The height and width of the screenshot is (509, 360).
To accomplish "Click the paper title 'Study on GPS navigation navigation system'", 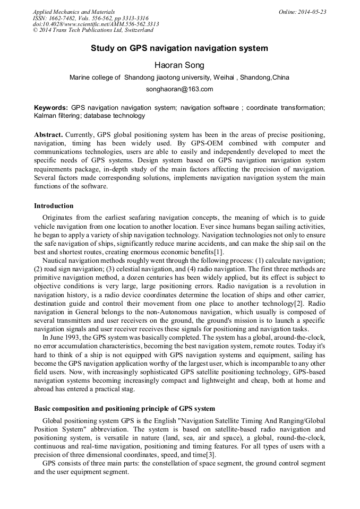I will pyautogui.click(x=179, y=48).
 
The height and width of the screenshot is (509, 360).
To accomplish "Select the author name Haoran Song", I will pyautogui.click(x=179, y=65).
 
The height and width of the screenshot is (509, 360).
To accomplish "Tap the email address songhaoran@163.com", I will pyautogui.click(x=179, y=89).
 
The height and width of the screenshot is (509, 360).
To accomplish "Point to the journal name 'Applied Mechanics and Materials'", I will pyautogui.click(x=74, y=12).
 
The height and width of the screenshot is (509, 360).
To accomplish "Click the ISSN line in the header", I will pyautogui.click(x=91, y=18).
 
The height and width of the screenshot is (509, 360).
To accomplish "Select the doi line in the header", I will pyautogui.click(x=96, y=24).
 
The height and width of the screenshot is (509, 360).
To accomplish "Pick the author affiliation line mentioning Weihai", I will pyautogui.click(x=179, y=77).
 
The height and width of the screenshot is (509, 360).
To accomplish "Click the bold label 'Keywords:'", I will pyautogui.click(x=51, y=108).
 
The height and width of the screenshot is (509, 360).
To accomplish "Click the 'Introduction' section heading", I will pyautogui.click(x=54, y=206).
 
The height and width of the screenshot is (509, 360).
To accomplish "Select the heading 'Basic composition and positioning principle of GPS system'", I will pyautogui.click(x=124, y=409).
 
